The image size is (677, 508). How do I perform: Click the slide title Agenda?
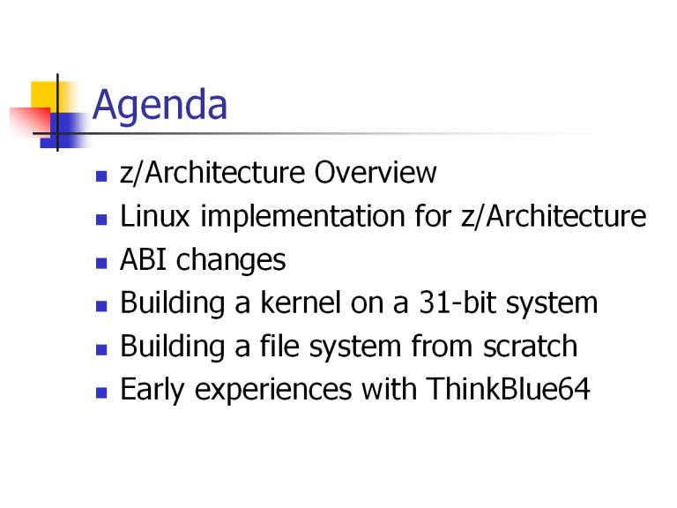(160, 106)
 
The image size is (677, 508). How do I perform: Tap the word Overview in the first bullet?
(376, 172)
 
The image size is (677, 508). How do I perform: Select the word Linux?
(155, 215)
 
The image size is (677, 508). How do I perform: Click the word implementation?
(302, 217)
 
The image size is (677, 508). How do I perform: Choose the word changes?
(231, 260)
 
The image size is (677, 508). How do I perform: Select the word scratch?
(530, 346)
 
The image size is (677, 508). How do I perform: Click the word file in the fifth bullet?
(279, 346)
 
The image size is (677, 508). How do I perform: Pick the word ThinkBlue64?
(508, 389)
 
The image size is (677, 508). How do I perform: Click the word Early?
(153, 390)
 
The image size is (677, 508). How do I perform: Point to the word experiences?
(273, 391)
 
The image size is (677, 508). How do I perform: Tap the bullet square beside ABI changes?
(101, 263)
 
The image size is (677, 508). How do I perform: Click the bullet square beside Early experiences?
(101, 392)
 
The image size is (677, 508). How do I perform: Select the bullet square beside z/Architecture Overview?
(101, 176)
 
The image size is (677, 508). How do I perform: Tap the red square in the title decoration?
(30, 121)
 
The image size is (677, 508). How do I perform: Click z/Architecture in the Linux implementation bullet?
(554, 215)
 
